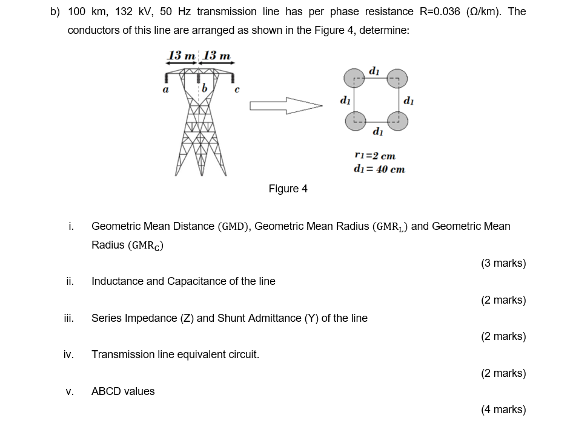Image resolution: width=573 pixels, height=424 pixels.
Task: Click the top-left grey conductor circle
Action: coord(353,78)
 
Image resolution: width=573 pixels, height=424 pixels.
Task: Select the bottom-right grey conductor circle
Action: coord(398,120)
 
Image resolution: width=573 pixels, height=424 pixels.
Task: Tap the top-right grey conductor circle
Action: coord(398,78)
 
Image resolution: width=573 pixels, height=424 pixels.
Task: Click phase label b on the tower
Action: coord(204,90)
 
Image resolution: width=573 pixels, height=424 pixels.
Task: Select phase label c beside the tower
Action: coord(237,91)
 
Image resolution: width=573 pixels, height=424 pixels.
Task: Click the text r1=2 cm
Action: coord(374,155)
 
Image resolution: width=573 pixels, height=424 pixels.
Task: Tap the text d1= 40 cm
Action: coord(379,169)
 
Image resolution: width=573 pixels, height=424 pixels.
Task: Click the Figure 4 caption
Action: coord(288,189)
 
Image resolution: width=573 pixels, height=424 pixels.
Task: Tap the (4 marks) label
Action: coord(503,409)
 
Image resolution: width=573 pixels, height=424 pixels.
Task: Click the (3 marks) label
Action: coord(503,263)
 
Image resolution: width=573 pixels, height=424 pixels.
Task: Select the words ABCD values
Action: coord(123,391)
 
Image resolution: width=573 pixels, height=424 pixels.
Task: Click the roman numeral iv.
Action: coord(68,354)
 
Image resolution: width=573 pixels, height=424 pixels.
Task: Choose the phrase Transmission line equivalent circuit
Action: coord(175,354)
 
